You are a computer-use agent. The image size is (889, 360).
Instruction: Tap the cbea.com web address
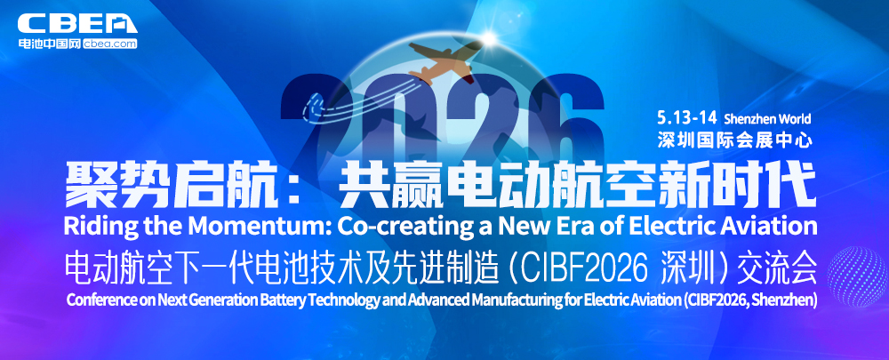point(110,43)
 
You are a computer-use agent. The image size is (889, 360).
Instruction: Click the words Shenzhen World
point(767,118)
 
